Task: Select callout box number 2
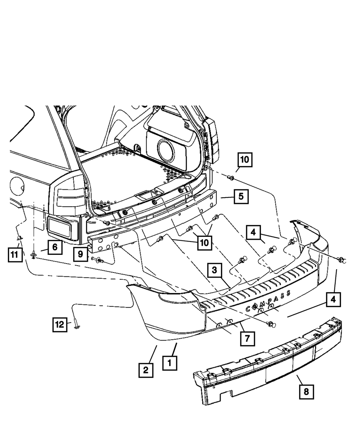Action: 146,370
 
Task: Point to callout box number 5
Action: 241,197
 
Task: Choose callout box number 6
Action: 55,247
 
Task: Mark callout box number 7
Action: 248,338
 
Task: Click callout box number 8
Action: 306,392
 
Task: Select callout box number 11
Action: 14,255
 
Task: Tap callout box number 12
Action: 60,325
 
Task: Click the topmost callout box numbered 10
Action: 244,160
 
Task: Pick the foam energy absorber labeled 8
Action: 268,364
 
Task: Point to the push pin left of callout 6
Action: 33,255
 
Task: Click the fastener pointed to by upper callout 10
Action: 231,177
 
